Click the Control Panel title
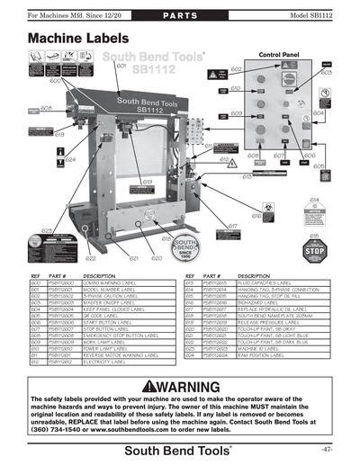279,55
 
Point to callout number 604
319,113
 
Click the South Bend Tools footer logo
179,448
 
